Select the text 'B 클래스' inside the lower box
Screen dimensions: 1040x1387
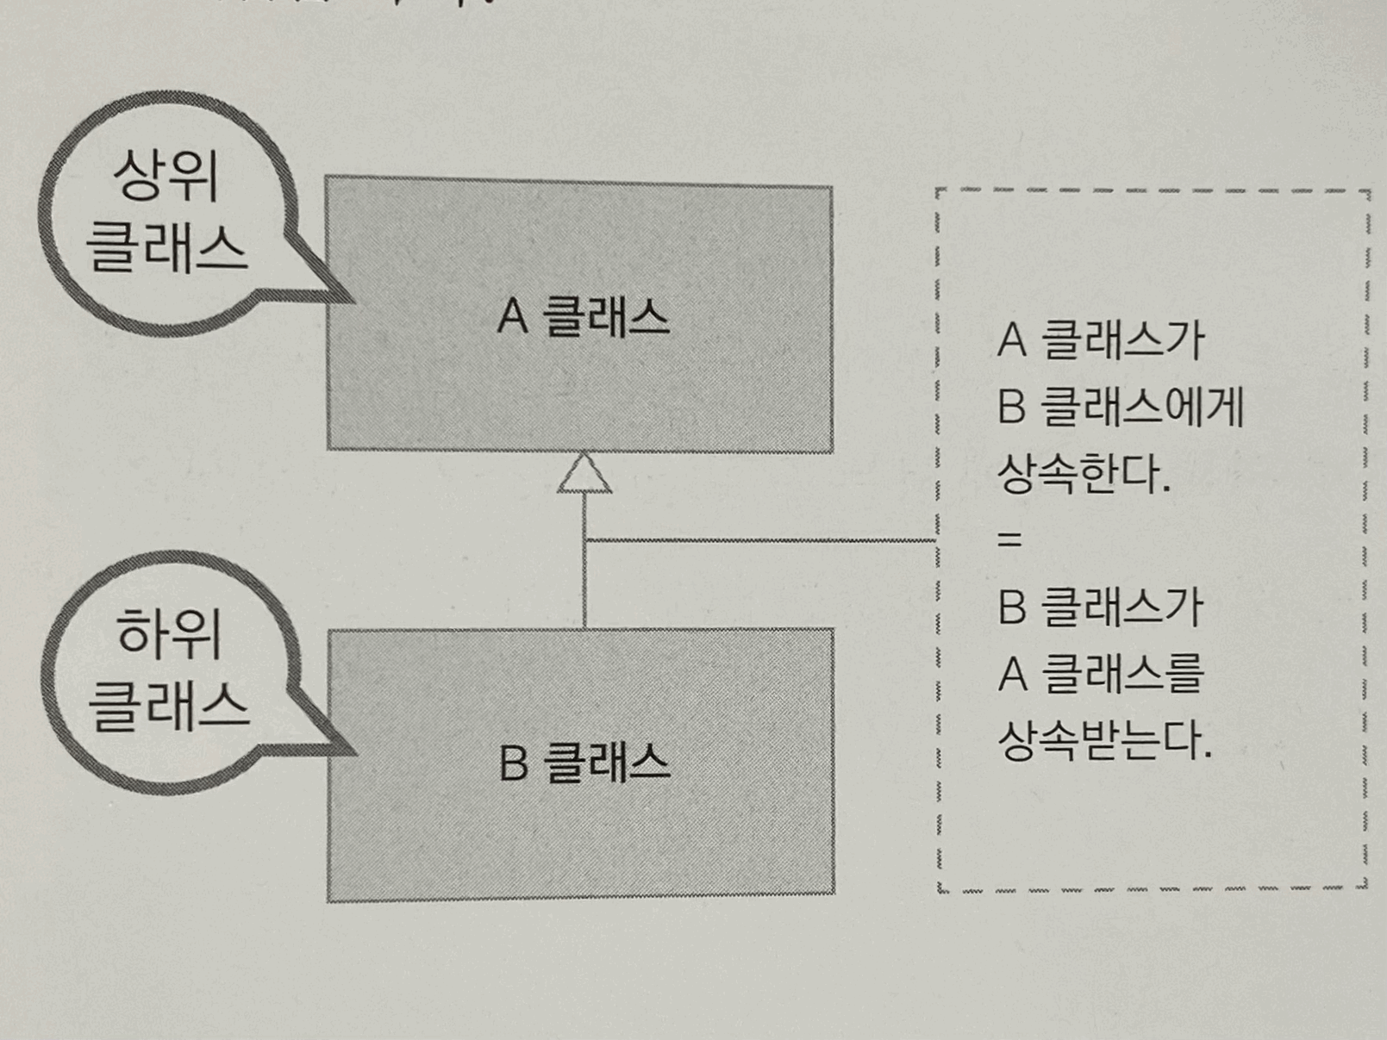[584, 763]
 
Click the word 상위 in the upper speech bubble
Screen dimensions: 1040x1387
[166, 175]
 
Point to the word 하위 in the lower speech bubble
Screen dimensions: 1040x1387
[169, 633]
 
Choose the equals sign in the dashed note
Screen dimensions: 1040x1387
[1009, 540]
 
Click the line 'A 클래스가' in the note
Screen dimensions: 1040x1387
[1100, 339]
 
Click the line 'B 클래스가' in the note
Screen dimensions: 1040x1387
[1100, 607]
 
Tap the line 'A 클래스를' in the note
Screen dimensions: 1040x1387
[1100, 673]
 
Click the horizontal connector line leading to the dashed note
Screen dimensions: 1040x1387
[759, 541]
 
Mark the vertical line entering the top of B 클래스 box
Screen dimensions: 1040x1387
[584, 595]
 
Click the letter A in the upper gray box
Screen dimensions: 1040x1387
[512, 316]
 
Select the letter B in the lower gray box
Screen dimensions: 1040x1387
[513, 763]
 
